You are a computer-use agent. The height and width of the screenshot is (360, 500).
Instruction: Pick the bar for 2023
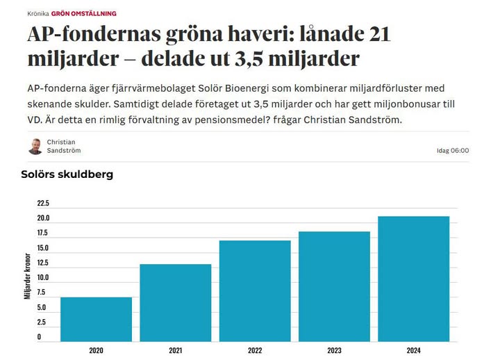pos(334,284)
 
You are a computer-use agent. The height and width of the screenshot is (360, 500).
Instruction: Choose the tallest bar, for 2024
pos(414,277)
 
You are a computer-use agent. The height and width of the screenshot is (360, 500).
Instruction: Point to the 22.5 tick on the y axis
pos(43,204)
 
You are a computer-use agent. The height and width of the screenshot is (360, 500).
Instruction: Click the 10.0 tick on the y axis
pos(43,277)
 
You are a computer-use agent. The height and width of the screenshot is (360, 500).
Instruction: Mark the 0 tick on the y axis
pos(39,337)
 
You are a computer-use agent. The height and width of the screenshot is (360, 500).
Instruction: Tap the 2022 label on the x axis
pos(255,350)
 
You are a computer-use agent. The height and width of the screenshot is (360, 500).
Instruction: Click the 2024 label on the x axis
pos(414,350)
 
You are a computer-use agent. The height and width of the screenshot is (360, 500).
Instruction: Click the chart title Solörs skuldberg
pos(67,174)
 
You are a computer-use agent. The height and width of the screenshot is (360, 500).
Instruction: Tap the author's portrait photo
pos(35,146)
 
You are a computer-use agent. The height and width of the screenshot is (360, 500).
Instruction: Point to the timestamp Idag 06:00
pos(451,150)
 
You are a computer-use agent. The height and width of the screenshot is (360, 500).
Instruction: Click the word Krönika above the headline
pos(37,14)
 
